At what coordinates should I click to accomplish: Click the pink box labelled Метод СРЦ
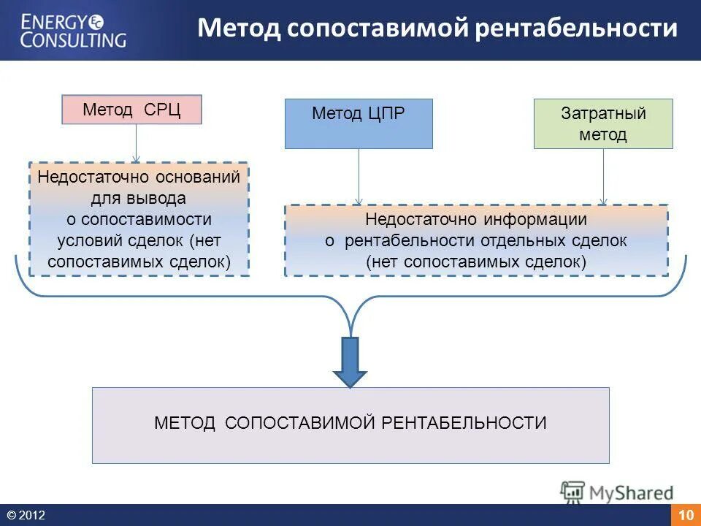click(131, 110)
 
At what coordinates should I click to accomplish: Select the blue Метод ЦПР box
click(359, 124)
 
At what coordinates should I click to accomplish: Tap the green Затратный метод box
click(603, 124)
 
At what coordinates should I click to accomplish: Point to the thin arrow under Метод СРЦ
click(136, 143)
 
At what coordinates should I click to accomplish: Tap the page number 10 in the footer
click(686, 516)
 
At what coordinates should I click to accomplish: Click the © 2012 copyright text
click(26, 516)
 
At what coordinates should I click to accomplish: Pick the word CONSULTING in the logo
click(73, 39)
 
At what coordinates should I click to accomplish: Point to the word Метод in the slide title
click(238, 29)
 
